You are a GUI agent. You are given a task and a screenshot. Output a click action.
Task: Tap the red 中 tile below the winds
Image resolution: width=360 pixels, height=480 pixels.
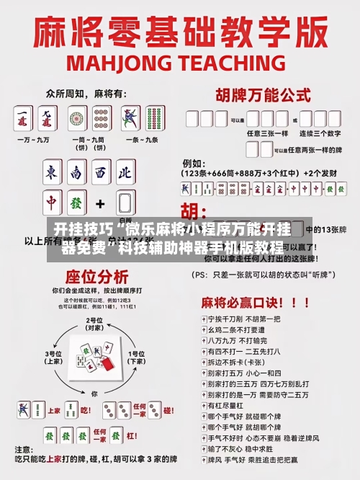(52, 203)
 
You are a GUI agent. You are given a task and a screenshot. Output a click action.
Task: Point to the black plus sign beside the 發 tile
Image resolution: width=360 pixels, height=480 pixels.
(101, 203)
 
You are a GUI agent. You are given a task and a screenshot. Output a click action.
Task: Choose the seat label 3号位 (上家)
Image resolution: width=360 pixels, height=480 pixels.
(55, 357)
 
